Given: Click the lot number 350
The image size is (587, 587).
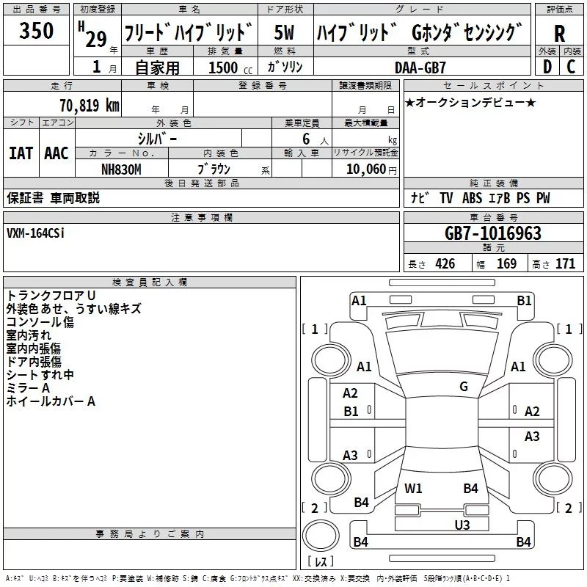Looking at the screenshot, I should coord(37,31).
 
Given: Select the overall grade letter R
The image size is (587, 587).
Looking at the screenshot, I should coord(559,34).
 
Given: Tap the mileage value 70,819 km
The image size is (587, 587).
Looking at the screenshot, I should coord(87,105).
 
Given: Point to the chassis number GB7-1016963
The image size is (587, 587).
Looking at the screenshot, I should coord(492,233).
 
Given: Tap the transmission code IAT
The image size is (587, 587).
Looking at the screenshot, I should coord(21,153).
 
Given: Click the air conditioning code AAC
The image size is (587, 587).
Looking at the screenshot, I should coord(56,153).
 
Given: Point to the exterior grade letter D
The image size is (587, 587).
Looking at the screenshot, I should coord(547,66).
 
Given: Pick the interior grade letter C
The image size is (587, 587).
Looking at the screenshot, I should coord(571,66).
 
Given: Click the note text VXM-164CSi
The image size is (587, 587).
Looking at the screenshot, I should coord(35,233).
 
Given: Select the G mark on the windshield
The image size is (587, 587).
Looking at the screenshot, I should coord(463,387).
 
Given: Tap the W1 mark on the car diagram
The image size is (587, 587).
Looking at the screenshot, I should coord(413,488).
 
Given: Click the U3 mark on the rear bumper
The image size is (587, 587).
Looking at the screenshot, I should coord(462,524).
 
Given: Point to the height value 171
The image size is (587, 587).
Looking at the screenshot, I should coord(566,264).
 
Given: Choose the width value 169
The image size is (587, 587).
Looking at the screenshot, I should coord(507,264).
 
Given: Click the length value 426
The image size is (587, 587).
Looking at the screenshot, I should coord(445,264).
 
